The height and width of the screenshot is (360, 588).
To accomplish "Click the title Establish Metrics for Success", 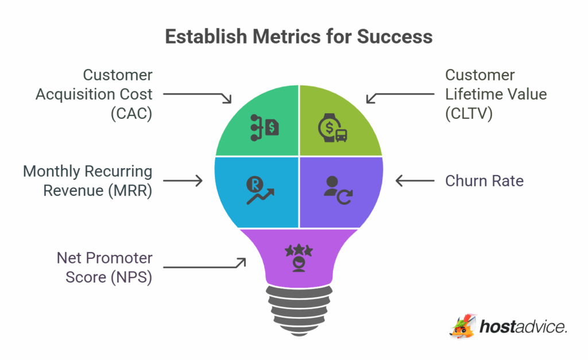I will [x=299, y=37].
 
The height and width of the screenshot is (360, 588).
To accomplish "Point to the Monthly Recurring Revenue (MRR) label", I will [x=87, y=181].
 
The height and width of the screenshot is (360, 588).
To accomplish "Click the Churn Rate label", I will [x=484, y=181].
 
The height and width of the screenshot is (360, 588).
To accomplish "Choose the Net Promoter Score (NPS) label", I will [x=105, y=268].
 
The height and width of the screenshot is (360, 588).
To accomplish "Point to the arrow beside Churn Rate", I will [x=415, y=181].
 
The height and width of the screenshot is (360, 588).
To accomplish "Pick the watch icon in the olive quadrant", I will [x=332, y=128].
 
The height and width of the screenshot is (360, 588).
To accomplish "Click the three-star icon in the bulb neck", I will [x=299, y=256].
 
